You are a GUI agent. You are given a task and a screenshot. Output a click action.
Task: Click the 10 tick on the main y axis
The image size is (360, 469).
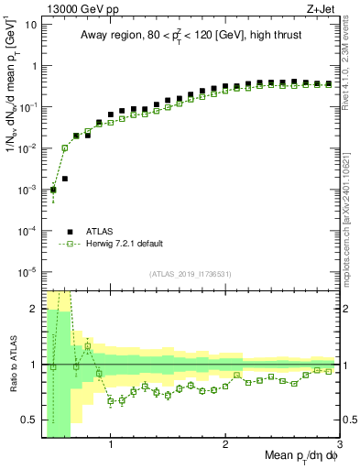pos(29,24)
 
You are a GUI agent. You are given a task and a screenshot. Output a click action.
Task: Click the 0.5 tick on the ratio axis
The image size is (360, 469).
pos(28,420)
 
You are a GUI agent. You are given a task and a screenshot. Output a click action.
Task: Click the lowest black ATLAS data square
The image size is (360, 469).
pos(53,190)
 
